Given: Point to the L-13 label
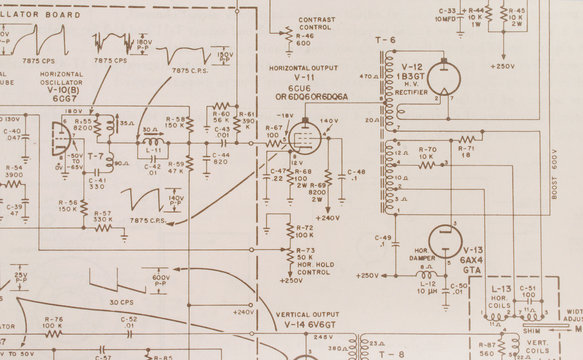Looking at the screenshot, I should point(501,288).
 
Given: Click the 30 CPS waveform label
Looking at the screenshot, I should point(121,302).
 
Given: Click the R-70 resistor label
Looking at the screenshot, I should point(427,148).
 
